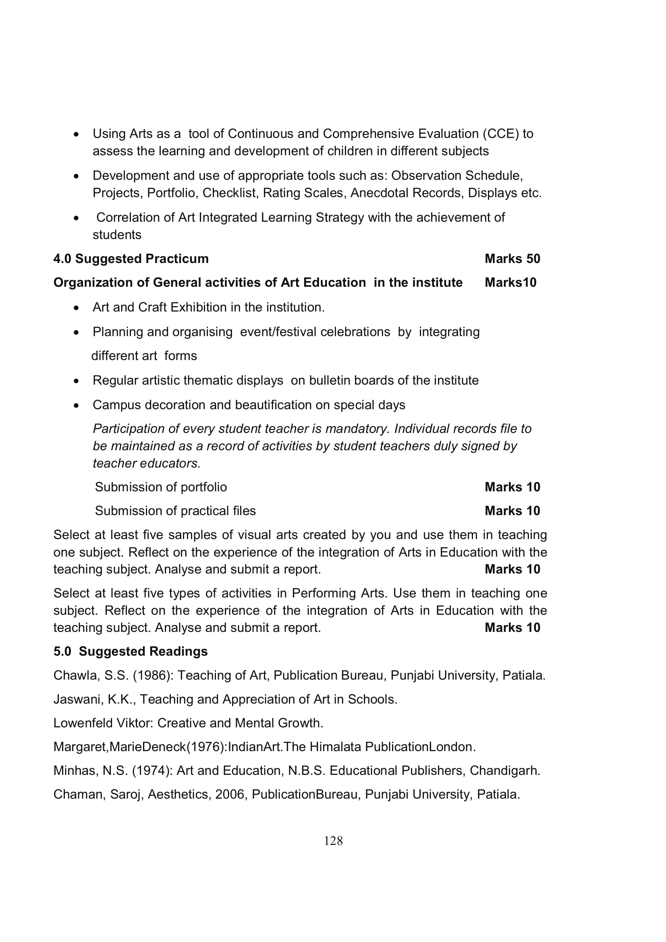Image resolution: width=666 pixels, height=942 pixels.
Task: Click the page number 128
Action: pos(333,841)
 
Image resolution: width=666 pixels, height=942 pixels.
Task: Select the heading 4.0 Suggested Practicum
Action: pos(131,259)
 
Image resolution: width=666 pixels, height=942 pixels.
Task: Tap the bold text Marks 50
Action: pos(512,259)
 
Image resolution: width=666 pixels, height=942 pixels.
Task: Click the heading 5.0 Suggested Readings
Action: pos(131,652)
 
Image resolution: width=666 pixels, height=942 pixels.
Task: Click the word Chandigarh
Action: pos(505,770)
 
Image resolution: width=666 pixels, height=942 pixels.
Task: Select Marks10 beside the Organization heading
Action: pos(510,283)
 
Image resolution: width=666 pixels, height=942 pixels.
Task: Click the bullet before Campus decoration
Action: pos(76,406)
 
